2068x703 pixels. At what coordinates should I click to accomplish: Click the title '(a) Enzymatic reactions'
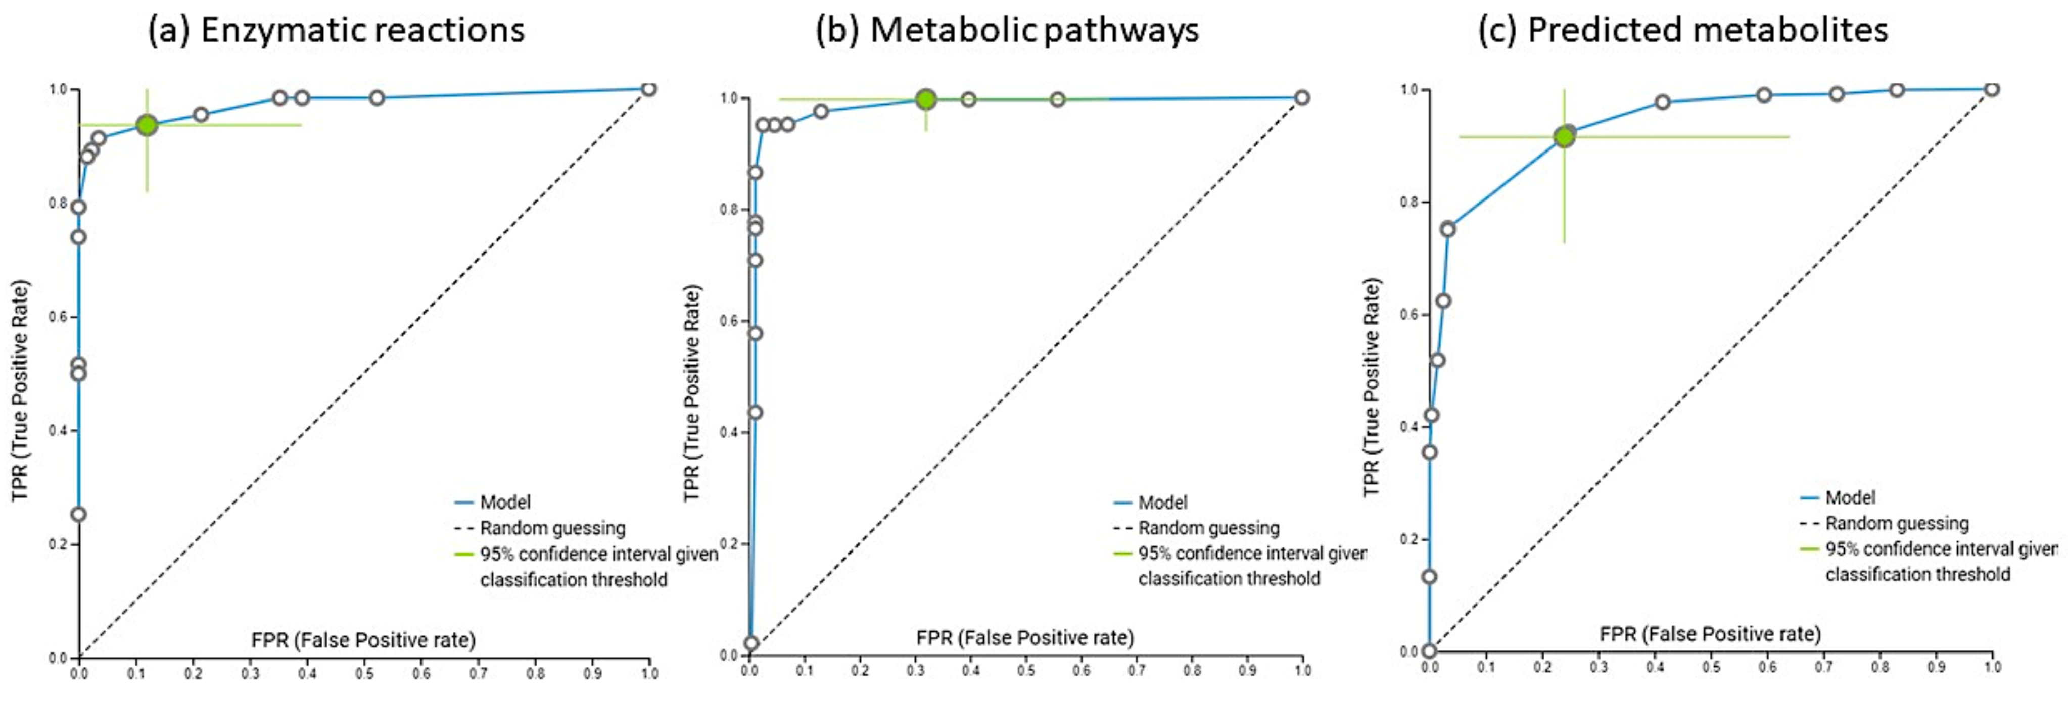pos(336,30)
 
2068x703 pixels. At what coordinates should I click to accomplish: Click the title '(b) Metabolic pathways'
pos(1007,30)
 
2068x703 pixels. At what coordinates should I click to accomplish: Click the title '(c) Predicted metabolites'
pos(1683,30)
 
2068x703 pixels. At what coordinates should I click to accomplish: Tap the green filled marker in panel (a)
pos(146,125)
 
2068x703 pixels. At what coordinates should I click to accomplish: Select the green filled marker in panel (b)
pos(926,99)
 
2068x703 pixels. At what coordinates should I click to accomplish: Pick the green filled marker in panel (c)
pos(1563,137)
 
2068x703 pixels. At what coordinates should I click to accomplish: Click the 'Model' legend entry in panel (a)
pos(505,503)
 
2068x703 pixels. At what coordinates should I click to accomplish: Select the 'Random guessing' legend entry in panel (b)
pos(1208,528)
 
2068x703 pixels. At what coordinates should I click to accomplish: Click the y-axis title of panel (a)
pos(19,391)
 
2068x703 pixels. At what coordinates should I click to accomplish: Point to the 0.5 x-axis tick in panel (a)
pos(364,673)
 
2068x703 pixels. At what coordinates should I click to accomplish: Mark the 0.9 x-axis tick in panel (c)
pos(1936,667)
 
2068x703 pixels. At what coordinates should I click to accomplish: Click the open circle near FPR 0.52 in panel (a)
pos(377,98)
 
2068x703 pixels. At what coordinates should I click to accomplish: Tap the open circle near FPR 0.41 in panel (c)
pos(1662,102)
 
